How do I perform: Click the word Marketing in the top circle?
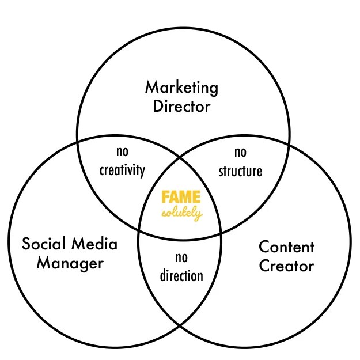(x=181, y=88)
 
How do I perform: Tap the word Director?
(x=181, y=107)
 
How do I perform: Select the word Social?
(x=44, y=244)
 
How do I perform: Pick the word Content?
(x=286, y=247)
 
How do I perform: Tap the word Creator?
(x=286, y=266)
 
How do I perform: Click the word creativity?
(x=122, y=170)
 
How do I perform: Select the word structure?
(x=240, y=171)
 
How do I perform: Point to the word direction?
(x=181, y=275)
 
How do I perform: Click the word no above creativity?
(x=122, y=153)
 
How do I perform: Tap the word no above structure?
(x=240, y=153)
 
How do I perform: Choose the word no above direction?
(x=181, y=257)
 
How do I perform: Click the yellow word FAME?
(x=181, y=196)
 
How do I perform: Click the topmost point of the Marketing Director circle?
(x=183, y=24)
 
